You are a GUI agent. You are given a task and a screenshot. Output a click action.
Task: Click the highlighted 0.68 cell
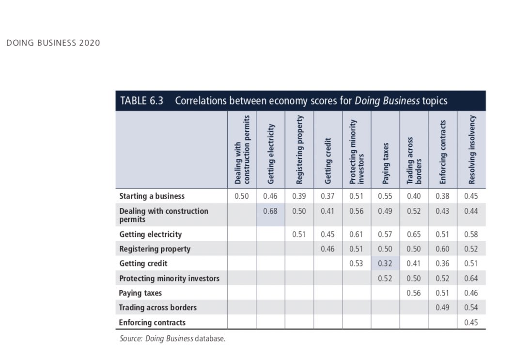(x=270, y=212)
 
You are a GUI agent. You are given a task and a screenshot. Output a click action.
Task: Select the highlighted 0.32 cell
(x=385, y=264)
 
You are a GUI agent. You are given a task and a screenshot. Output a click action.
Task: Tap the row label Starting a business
(x=152, y=196)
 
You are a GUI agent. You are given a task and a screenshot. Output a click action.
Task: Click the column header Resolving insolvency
(x=472, y=150)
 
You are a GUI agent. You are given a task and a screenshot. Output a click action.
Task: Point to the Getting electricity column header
(x=271, y=154)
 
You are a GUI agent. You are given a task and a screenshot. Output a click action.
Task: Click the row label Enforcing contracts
(x=152, y=322)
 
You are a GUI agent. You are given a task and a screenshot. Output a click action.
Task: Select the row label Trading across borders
(x=158, y=308)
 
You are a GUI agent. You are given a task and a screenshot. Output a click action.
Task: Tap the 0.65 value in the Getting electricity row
(x=414, y=235)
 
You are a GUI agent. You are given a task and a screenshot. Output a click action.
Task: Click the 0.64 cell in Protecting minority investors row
(x=471, y=279)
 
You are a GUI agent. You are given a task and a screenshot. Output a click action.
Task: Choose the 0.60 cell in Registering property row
(x=442, y=249)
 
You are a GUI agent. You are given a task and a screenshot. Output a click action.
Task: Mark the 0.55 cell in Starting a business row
(x=385, y=196)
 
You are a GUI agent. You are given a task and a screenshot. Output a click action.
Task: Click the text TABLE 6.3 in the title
(x=141, y=101)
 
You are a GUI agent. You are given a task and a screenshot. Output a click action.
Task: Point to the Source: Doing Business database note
(x=172, y=339)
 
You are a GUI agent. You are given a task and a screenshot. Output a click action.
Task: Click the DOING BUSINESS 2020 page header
(x=53, y=43)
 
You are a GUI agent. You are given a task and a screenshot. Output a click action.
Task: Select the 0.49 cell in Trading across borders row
(x=442, y=308)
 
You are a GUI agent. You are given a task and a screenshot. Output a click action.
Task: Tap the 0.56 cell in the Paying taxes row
(x=414, y=293)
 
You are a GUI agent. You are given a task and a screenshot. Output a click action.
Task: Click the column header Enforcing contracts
(x=443, y=152)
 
